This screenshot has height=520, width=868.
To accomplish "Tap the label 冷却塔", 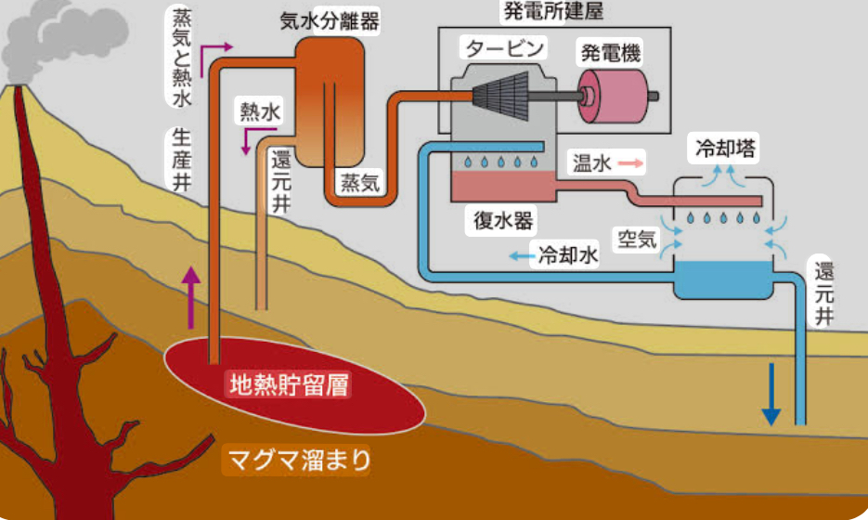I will coord(725,147).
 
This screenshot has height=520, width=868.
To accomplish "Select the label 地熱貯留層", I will coord(290,383).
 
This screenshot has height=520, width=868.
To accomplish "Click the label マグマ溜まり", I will coord(298,460).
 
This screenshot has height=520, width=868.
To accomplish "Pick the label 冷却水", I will coord(569,255).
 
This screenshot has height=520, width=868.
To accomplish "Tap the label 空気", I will coord(638,239).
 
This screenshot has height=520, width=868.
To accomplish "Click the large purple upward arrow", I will coord(192,296).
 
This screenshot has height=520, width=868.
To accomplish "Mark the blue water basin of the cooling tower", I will coord(723,278).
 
